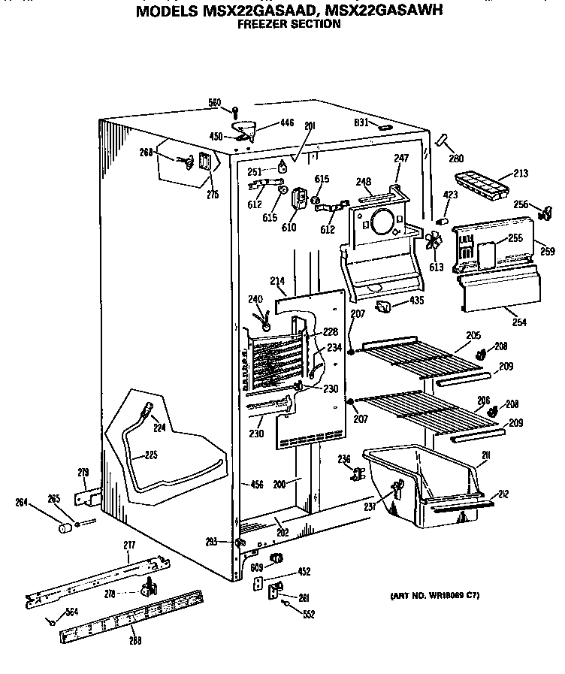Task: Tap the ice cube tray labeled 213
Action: [x=482, y=184]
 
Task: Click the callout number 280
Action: [x=456, y=159]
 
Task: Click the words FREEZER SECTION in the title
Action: [x=289, y=23]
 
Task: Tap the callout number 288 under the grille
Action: [x=134, y=639]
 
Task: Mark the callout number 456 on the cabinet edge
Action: [x=256, y=485]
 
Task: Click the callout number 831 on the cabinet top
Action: [x=361, y=122]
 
